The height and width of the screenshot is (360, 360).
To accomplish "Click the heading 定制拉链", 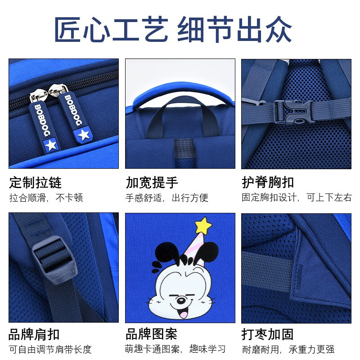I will tap(35, 182).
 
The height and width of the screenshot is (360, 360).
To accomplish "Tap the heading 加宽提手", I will tap(152, 182).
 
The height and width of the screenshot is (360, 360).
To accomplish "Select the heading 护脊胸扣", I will tap(268, 182).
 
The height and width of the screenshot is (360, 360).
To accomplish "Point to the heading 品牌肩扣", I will tap(34, 334).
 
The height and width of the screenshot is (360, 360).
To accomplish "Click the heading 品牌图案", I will tap(152, 334).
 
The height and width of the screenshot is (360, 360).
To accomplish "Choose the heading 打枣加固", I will tap(268, 334).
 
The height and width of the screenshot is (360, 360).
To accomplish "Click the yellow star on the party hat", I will tap(203, 225).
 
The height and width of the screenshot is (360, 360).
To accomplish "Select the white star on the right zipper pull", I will tap(83, 134).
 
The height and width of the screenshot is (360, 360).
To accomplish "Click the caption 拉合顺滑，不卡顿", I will tap(46, 198).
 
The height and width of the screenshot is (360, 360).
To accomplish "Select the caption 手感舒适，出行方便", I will tap(166, 198).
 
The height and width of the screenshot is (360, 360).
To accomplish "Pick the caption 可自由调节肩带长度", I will tap(50, 349).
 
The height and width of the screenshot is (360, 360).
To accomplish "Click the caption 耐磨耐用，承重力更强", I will tap(288, 349).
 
